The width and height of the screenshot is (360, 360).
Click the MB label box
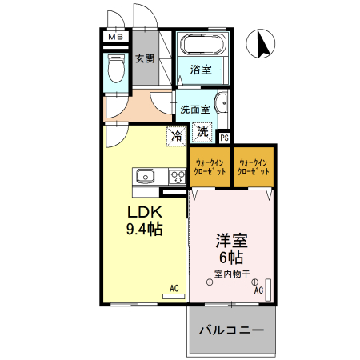(x=115, y=36)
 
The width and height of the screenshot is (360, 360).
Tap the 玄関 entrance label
(x=145, y=58)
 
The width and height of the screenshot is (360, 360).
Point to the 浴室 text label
(x=201, y=70)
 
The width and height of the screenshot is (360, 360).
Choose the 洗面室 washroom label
(x=194, y=109)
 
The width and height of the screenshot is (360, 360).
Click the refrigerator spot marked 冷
(x=176, y=135)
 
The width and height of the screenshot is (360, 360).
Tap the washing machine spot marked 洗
(x=202, y=132)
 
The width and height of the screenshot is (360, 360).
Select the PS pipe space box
(x=224, y=138)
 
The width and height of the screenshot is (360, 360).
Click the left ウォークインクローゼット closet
(x=210, y=166)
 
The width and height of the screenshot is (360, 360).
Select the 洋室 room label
(x=230, y=239)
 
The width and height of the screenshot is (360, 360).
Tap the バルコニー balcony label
(x=233, y=329)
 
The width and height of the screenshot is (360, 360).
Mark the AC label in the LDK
(x=174, y=286)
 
